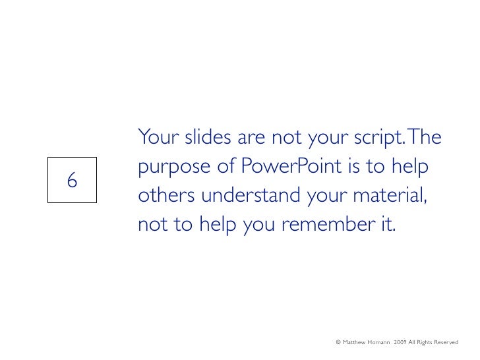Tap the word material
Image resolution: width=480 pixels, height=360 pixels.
(388, 197)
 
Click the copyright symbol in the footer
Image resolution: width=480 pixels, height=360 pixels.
(338, 342)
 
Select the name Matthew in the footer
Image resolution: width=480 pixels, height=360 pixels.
(358, 342)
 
